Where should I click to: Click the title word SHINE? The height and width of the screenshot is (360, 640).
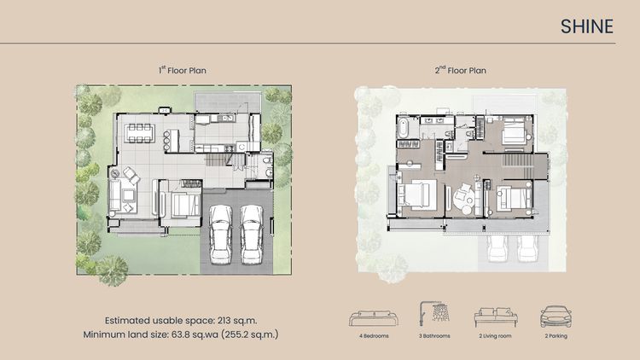click(586, 26)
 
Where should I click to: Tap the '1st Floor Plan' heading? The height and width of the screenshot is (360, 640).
click(183, 70)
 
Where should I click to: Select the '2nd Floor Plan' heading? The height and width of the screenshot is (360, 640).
click(461, 70)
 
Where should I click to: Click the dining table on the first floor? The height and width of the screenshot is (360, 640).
click(141, 133)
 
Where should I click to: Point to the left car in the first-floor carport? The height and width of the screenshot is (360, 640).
click(221, 235)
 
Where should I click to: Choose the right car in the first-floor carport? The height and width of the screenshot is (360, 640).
click(251, 235)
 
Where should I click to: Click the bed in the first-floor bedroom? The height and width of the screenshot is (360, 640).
click(186, 205)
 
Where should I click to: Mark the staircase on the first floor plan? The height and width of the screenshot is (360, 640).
click(218, 160)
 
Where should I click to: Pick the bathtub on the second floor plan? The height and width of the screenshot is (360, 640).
click(403, 128)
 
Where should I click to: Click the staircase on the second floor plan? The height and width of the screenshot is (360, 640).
click(517, 160)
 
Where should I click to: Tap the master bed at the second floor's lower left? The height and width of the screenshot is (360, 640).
click(417, 195)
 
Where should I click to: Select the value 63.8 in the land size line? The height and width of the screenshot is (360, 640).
click(181, 334)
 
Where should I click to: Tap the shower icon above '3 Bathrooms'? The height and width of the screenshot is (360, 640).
click(434, 313)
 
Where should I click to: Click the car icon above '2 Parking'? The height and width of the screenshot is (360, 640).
click(556, 316)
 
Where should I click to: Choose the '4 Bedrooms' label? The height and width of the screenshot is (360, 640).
click(374, 336)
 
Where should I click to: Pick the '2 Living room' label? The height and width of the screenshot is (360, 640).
click(495, 336)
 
